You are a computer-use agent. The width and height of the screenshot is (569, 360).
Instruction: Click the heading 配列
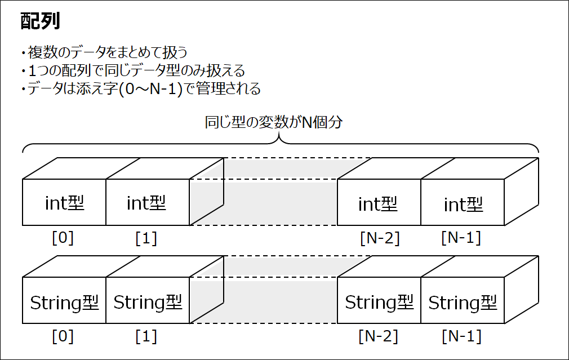coord(40,21)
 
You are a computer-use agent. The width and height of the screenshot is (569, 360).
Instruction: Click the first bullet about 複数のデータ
coord(104,52)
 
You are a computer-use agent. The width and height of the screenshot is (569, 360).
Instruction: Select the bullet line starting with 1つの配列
coord(133,70)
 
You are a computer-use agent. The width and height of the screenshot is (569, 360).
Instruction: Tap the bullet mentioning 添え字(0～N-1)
coord(140,88)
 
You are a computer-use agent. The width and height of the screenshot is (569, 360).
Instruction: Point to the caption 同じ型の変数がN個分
coord(274,122)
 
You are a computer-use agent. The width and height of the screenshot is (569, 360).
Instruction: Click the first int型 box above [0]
coord(64,202)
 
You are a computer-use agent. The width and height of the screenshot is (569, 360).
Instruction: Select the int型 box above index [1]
coord(148,202)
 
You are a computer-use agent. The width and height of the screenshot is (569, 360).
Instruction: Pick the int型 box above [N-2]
coord(379,202)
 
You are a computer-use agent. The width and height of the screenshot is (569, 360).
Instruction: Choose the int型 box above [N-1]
coord(463,202)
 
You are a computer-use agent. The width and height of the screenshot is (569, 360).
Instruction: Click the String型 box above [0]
coord(64,300)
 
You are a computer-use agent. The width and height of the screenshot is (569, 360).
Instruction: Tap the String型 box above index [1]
coord(148,300)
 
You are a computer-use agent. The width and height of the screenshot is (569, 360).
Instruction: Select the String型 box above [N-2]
coord(379,300)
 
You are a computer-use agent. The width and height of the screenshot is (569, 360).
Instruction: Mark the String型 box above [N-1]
coord(463,300)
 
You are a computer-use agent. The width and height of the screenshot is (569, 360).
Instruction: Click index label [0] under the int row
coord(63,238)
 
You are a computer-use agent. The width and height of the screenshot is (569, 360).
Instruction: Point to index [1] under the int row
coord(146,238)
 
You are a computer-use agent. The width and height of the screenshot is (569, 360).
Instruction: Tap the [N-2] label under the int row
coord(380,238)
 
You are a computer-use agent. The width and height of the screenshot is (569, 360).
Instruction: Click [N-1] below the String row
coord(461,336)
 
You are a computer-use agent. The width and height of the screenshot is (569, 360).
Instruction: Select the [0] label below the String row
coord(63,336)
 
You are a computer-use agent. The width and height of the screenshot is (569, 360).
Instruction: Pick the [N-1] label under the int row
coord(461,238)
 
